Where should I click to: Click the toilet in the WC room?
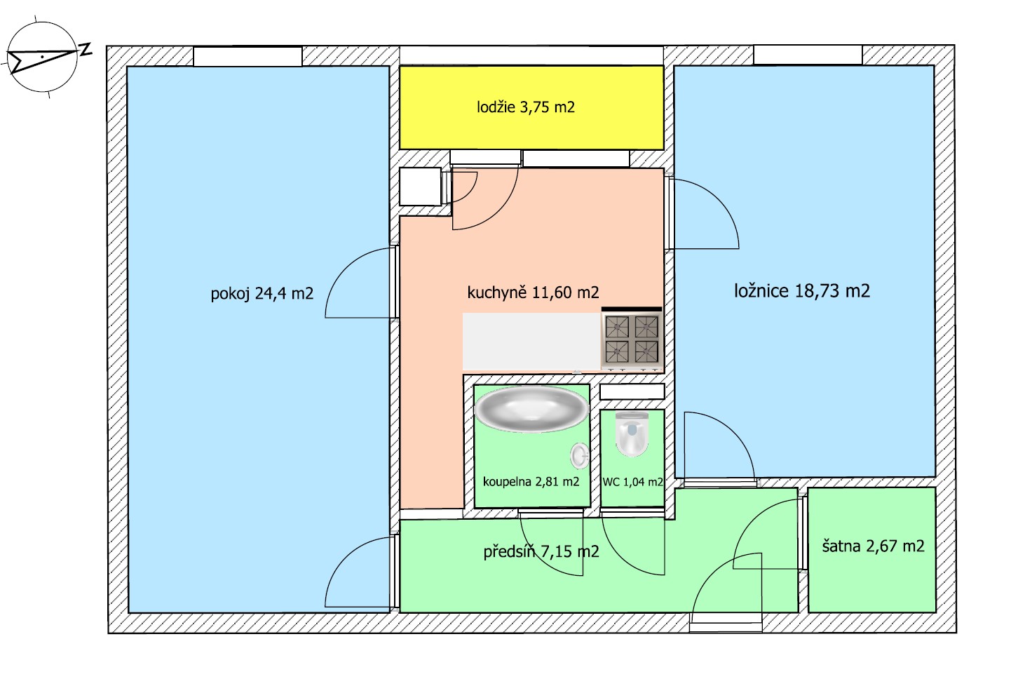coord(632,433)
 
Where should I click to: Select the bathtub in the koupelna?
coord(531,408)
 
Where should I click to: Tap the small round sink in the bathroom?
coord(580,455)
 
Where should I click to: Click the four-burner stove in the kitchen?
coord(632,339)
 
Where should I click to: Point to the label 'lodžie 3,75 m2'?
coord(526,107)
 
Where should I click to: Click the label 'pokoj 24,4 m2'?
coord(262,294)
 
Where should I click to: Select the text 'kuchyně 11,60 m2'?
coord(533,292)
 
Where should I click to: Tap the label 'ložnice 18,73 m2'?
coord(802,291)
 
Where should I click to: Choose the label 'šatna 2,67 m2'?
coord(873,546)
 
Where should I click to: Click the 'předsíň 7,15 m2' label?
coord(541,551)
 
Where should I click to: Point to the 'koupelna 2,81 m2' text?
coord(531,481)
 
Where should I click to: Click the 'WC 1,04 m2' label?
coord(632,482)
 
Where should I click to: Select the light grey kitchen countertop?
coord(531,342)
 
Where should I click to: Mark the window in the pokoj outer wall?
coord(247,56)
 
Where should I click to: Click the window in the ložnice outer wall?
coord(808,55)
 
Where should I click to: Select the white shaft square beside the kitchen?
coord(421,187)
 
